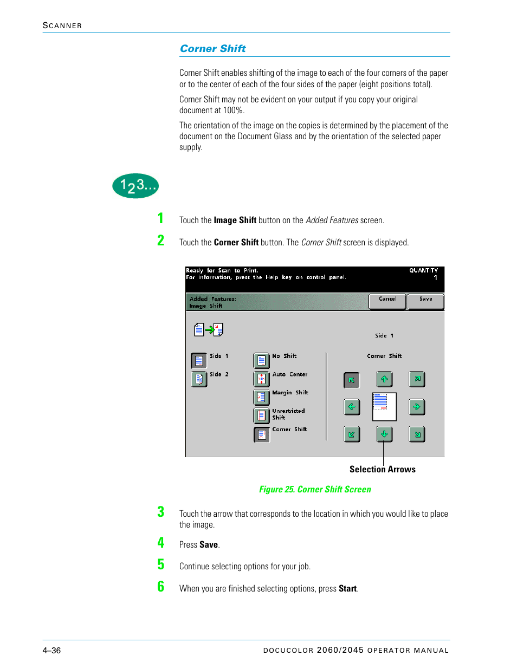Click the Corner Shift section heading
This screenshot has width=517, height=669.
pyautogui.click(x=212, y=49)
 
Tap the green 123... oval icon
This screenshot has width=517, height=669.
pyautogui.click(x=135, y=186)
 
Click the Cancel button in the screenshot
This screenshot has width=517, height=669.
pyautogui.click(x=387, y=301)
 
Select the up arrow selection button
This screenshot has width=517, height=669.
pyautogui.click(x=384, y=379)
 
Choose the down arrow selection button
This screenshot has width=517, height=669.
pyautogui.click(x=384, y=434)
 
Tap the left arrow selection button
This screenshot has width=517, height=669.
pyautogui.click(x=352, y=406)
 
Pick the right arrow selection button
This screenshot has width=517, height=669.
pyautogui.click(x=416, y=406)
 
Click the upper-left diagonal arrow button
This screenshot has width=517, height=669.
pyautogui.click(x=352, y=380)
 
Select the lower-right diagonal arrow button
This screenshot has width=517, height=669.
pyautogui.click(x=417, y=434)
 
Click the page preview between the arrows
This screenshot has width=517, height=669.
pyautogui.click(x=384, y=406)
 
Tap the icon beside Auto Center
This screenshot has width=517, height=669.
pyautogui.click(x=261, y=379)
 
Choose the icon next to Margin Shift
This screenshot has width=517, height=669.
pyautogui.click(x=261, y=397)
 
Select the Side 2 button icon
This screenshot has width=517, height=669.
pyautogui.click(x=199, y=379)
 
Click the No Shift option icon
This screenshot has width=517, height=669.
pyautogui.click(x=261, y=360)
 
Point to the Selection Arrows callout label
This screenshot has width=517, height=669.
pyautogui.click(x=382, y=469)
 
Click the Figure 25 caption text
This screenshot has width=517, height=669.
pyautogui.click(x=315, y=489)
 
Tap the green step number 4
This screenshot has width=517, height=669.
pyautogui.click(x=161, y=542)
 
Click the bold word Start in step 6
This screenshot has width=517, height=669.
pyautogui.click(x=347, y=589)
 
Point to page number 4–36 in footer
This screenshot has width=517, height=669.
pyautogui.click(x=51, y=650)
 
